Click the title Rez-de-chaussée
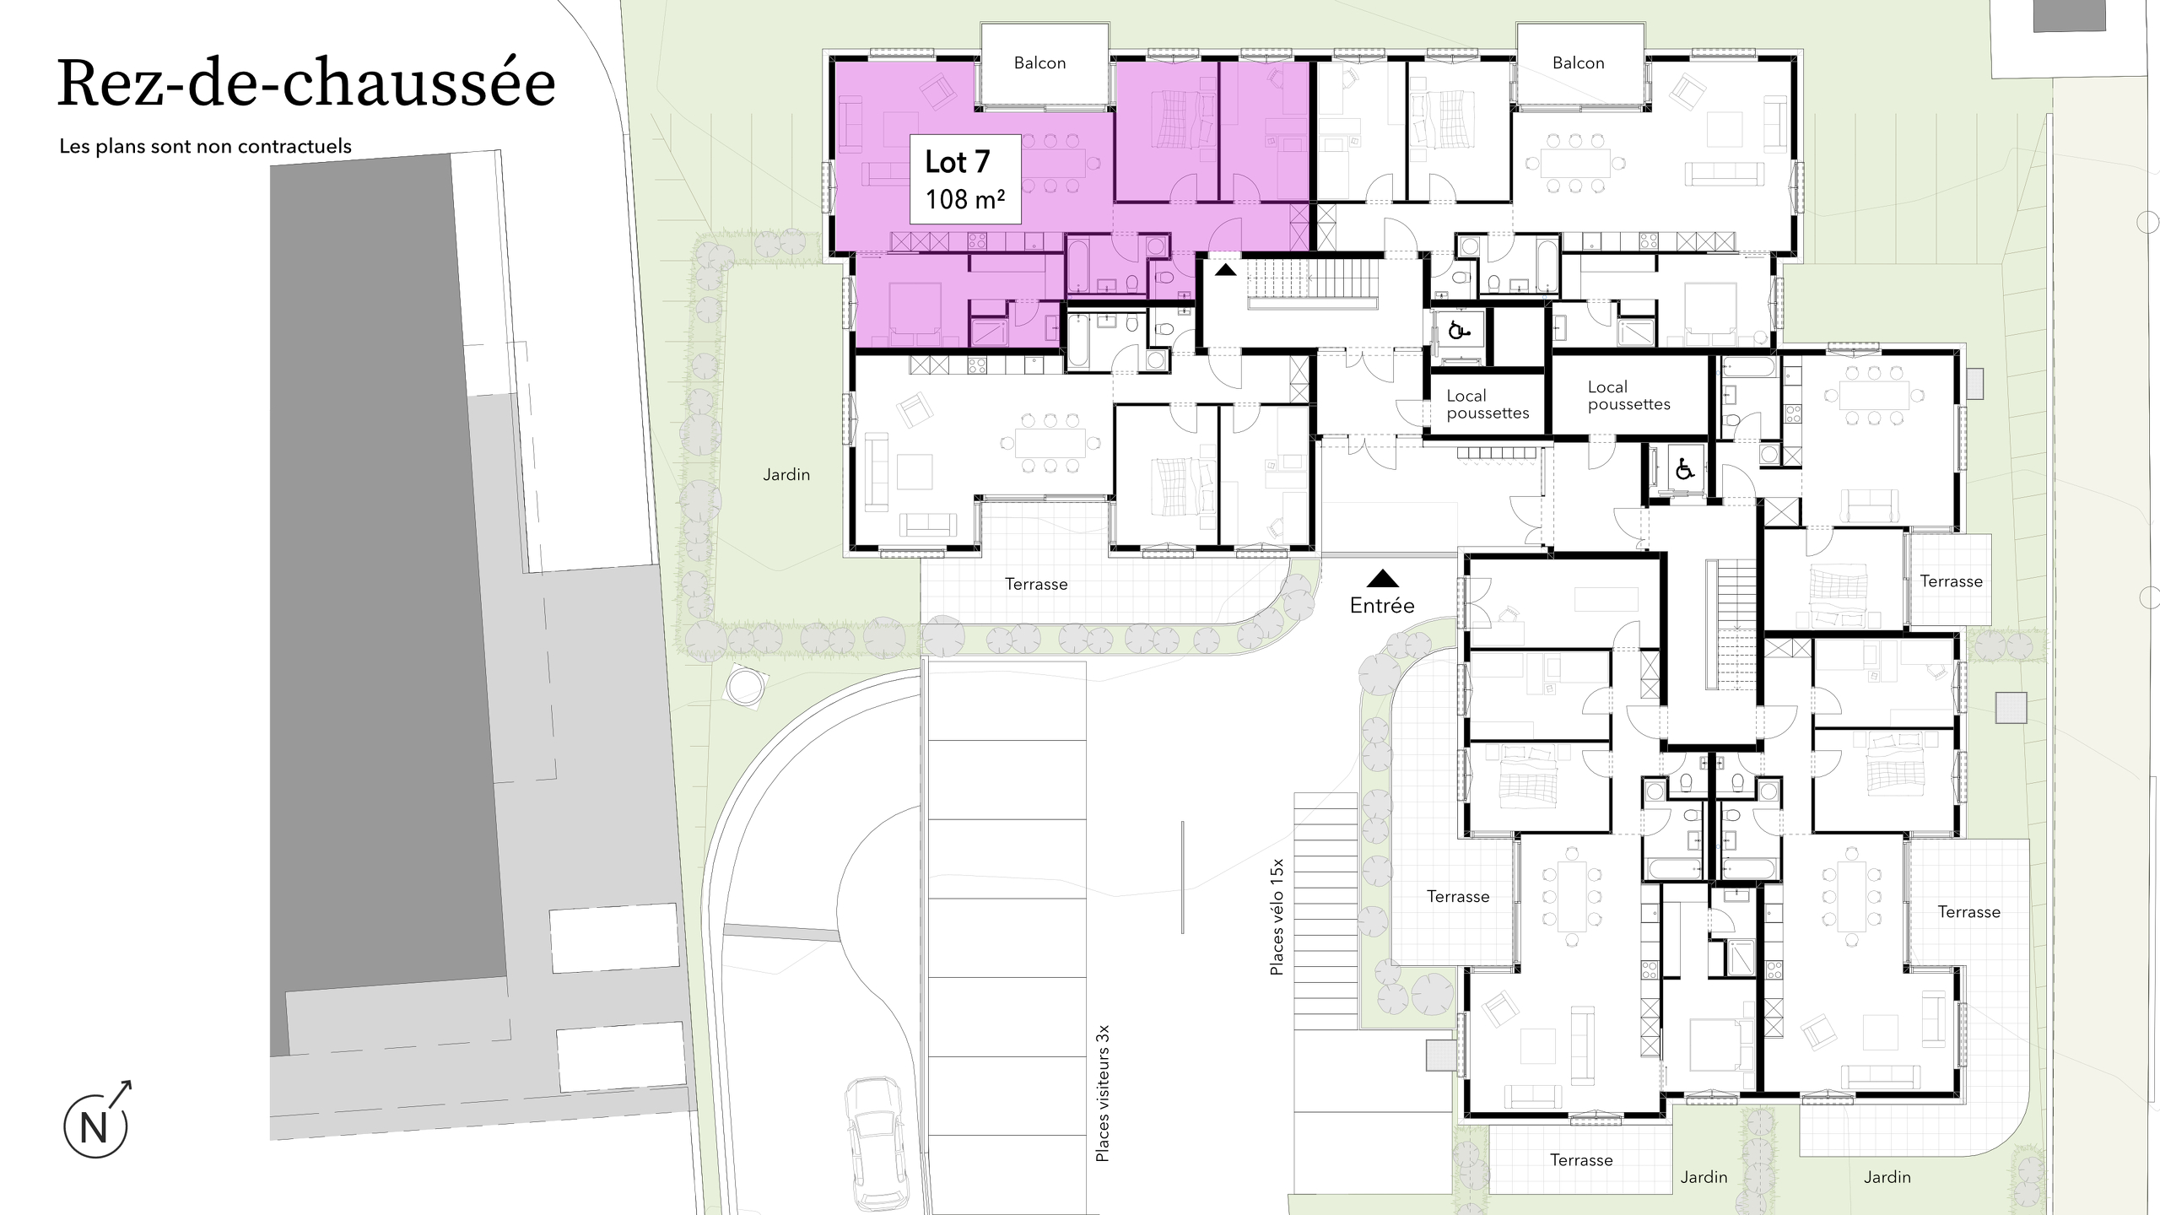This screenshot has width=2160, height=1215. [x=306, y=84]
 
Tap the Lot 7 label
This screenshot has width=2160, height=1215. [x=957, y=161]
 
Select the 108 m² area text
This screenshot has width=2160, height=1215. [x=964, y=199]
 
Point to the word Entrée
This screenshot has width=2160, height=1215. [x=1382, y=605]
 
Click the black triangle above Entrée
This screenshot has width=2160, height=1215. [x=1382, y=578]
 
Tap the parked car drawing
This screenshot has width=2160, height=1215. [x=878, y=1145]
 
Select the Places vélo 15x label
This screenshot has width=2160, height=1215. [x=1277, y=917]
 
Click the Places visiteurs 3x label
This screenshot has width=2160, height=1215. [x=1102, y=1093]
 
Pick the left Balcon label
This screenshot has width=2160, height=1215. [x=1039, y=63]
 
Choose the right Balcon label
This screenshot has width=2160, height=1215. [x=1578, y=63]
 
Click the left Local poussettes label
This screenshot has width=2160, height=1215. [x=1488, y=404]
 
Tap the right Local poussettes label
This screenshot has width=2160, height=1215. [x=1628, y=396]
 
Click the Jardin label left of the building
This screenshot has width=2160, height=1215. [x=786, y=475]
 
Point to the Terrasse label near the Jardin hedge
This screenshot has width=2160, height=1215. [x=1036, y=584]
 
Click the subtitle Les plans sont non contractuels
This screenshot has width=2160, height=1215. [x=205, y=146]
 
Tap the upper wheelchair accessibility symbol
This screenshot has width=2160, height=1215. [x=1457, y=331]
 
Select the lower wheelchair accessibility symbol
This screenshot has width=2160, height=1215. [x=1684, y=467]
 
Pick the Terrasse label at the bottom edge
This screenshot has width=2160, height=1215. [x=1581, y=1160]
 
